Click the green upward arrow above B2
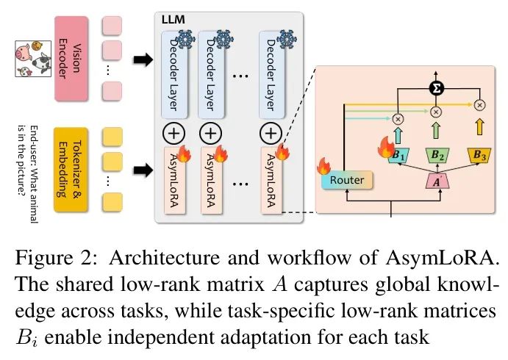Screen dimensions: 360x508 pyautogui.click(x=435, y=131)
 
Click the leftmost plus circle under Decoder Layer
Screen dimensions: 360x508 pyautogui.click(x=171, y=133)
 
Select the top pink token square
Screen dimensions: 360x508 pyautogui.click(x=112, y=25)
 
